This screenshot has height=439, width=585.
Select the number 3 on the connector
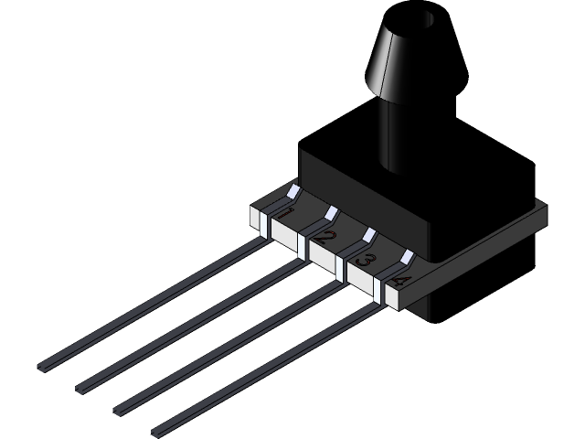[x=363, y=261]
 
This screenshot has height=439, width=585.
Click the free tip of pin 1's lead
[x=40, y=368]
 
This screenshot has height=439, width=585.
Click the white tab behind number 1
[x=294, y=192]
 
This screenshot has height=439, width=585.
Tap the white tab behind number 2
[x=332, y=213]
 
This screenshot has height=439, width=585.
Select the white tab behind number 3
[x=369, y=234]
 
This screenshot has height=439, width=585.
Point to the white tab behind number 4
[x=407, y=255]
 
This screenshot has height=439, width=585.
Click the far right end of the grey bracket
[x=543, y=214]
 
